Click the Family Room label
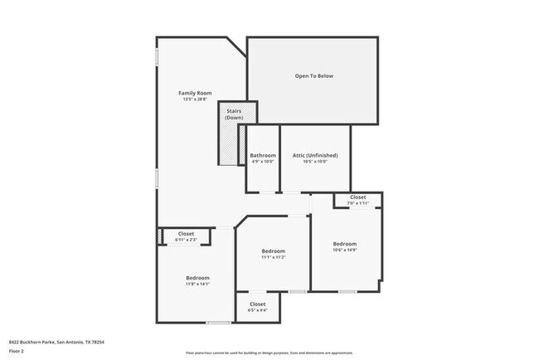pyautogui.click(x=196, y=92)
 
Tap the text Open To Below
pyautogui.click(x=313, y=76)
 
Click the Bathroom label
pyautogui.click(x=263, y=155)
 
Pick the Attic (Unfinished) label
pyautogui.click(x=315, y=155)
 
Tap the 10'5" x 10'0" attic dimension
pyautogui.click(x=315, y=162)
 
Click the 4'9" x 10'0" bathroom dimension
pyautogui.click(x=263, y=162)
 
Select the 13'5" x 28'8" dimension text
pyautogui.click(x=196, y=99)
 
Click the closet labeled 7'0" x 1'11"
pyautogui.click(x=357, y=200)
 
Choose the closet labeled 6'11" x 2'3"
pyautogui.click(x=186, y=237)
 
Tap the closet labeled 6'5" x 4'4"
pyautogui.click(x=258, y=308)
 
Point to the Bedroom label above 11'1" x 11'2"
pyautogui.click(x=273, y=251)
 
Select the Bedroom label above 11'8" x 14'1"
pyautogui.click(x=197, y=277)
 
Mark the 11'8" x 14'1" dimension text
pyautogui.click(x=197, y=284)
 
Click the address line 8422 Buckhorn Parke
pyautogui.click(x=57, y=342)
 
